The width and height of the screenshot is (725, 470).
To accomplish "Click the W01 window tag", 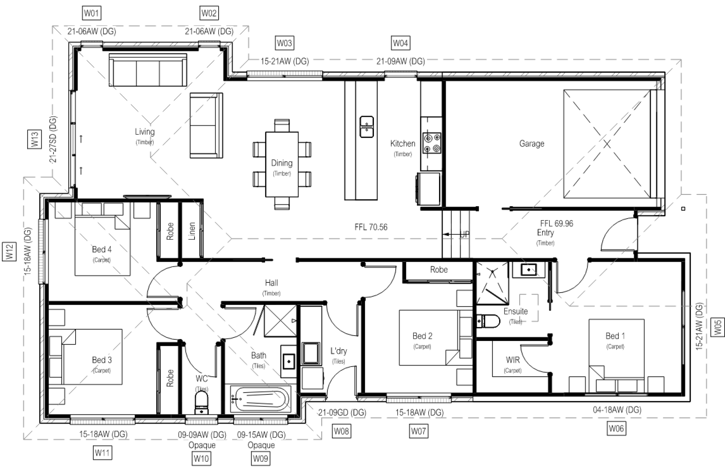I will [x=91, y=14].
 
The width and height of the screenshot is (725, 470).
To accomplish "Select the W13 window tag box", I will [x=34, y=139].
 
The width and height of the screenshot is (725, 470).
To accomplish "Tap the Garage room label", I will [x=531, y=143].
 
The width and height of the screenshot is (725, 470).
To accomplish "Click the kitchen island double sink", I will [x=366, y=127].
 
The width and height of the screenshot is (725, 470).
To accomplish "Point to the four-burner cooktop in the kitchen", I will [x=432, y=143].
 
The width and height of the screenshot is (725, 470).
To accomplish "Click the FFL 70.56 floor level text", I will [x=371, y=227].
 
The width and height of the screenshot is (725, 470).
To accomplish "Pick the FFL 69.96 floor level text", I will [x=556, y=223].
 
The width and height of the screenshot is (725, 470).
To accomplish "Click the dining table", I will [x=282, y=164].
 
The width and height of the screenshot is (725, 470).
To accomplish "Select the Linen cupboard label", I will [x=192, y=231].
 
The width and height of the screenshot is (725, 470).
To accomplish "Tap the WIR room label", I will [x=512, y=360].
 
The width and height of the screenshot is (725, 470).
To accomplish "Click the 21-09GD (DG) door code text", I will [x=342, y=413].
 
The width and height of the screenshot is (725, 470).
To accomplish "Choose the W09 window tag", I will [x=260, y=459].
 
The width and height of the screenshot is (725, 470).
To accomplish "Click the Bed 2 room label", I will [x=422, y=336].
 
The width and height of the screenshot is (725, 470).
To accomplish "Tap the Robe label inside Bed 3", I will [x=170, y=378].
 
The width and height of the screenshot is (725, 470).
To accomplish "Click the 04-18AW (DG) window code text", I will [x=617, y=410].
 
